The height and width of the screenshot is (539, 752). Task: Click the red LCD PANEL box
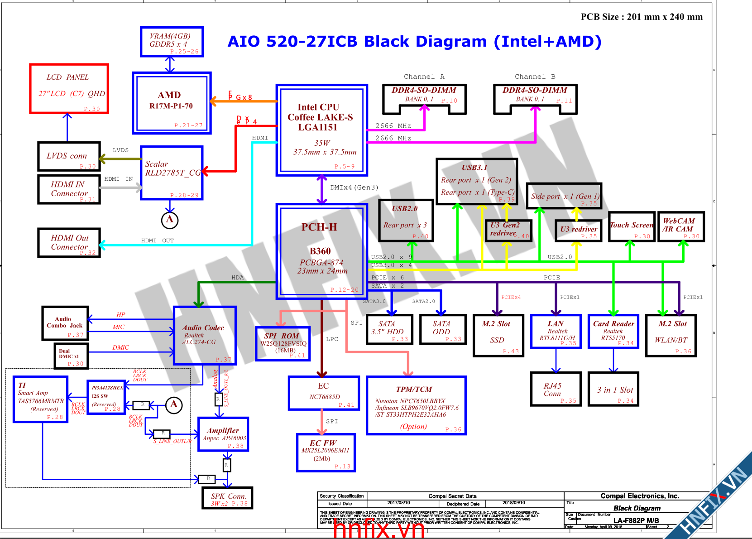pyautogui.click(x=69, y=88)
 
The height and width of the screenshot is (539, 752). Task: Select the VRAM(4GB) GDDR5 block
pyautogui.click(x=172, y=42)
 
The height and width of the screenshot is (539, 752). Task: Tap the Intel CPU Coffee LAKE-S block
pyautogui.click(x=321, y=130)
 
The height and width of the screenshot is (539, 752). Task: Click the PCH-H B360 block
pyautogui.click(x=321, y=251)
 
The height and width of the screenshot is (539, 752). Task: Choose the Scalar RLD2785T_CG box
pyautogui.click(x=172, y=173)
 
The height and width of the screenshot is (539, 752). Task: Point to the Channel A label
pyautogui.click(x=424, y=77)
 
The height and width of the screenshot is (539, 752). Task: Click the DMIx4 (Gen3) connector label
pyautogui.click(x=354, y=188)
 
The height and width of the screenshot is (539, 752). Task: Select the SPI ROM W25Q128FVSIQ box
pyautogui.click(x=283, y=344)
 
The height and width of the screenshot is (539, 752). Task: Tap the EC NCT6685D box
pyautogui.click(x=324, y=393)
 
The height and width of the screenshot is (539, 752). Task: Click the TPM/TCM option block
pyautogui.click(x=416, y=405)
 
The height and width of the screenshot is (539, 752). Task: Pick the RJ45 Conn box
pyautogui.click(x=556, y=389)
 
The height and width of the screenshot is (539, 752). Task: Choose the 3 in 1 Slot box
pyautogui.click(x=613, y=389)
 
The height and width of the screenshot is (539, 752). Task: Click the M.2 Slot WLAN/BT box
pyautogui.click(x=671, y=336)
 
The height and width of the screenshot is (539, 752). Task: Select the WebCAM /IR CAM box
pyautogui.click(x=680, y=226)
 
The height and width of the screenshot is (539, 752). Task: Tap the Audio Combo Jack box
pyautogui.click(x=65, y=323)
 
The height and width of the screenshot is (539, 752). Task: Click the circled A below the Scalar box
pyautogui.click(x=170, y=220)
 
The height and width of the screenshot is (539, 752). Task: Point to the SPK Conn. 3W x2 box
pyautogui.click(x=228, y=498)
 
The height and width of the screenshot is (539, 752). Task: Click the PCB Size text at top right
pyautogui.click(x=642, y=17)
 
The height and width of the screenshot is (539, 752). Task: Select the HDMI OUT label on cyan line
pyautogui.click(x=157, y=241)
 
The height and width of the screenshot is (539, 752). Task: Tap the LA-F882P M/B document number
pyautogui.click(x=636, y=520)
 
